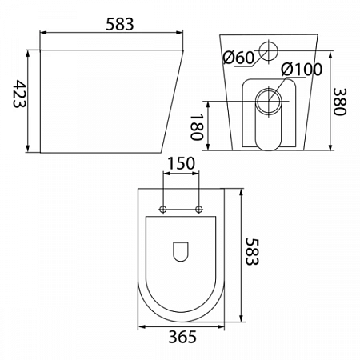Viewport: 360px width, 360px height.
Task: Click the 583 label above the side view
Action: pyautogui.click(x=119, y=24)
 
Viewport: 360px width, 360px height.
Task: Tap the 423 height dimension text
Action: pyautogui.click(x=19, y=94)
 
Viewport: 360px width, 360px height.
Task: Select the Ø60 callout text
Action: pyautogui.click(x=238, y=58)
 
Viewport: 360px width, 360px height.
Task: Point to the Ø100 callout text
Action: pyautogui.click(x=302, y=70)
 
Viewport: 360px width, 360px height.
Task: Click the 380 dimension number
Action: pyautogui.click(x=339, y=102)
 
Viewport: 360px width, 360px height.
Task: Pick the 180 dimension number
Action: pyautogui.click(x=197, y=127)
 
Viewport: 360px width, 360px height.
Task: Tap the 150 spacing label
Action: pyautogui.click(x=181, y=163)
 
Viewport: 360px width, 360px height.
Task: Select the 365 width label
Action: pyautogui.click(x=182, y=337)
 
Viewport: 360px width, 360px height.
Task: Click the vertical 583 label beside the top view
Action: pyautogui.click(x=252, y=251)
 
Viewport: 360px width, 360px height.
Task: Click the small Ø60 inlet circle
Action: pyautogui.click(x=269, y=50)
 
